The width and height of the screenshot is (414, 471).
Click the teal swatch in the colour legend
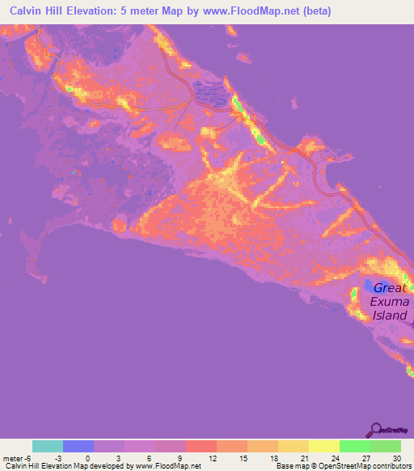pyautogui.click(x=48, y=446)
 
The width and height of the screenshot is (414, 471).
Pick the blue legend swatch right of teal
pyautogui.click(x=78, y=446)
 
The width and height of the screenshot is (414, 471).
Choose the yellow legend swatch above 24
pyautogui.click(x=323, y=446)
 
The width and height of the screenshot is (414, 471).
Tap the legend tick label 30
pyautogui.click(x=397, y=458)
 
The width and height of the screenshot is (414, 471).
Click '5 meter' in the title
pyautogui.click(x=131, y=12)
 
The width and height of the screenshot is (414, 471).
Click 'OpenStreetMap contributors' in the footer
pyautogui.click(x=369, y=466)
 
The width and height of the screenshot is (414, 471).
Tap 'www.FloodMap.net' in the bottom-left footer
pyautogui.click(x=166, y=466)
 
